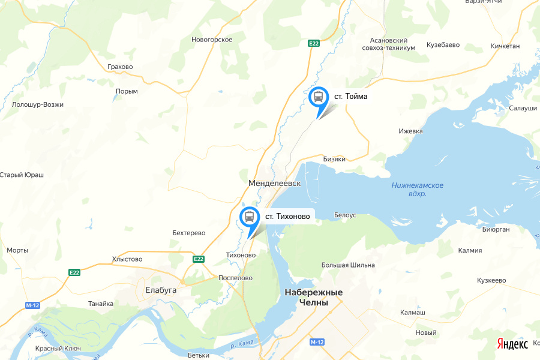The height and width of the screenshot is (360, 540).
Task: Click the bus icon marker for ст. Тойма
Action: tap(318, 97)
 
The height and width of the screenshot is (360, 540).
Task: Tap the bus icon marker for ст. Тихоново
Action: tap(249, 216)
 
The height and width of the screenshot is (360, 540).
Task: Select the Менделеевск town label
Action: tap(274, 182)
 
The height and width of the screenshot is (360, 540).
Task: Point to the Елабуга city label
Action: tap(161, 290)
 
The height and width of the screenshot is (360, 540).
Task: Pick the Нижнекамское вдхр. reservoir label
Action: tap(417, 190)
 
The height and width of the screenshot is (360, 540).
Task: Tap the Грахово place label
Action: tap(120, 67)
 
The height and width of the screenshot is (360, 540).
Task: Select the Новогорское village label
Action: tap(212, 40)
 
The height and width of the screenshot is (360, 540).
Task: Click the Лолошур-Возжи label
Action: tap(37, 104)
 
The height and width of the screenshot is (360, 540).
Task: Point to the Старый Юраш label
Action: tap(22, 175)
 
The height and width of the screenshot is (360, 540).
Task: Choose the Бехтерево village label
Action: tap(189, 233)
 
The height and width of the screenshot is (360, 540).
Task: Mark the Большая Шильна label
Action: tap(349, 265)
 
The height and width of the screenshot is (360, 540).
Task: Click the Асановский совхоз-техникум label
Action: tap(389, 44)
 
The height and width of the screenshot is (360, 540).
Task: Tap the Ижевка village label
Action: tap(411, 131)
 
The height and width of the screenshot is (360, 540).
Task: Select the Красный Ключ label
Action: tap(58, 349)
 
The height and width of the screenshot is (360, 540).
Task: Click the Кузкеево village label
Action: tap(492, 280)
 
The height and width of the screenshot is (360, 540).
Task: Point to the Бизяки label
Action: tap(335, 159)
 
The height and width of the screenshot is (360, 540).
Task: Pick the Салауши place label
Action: tap(523, 108)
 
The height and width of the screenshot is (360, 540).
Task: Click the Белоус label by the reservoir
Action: tap(345, 215)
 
